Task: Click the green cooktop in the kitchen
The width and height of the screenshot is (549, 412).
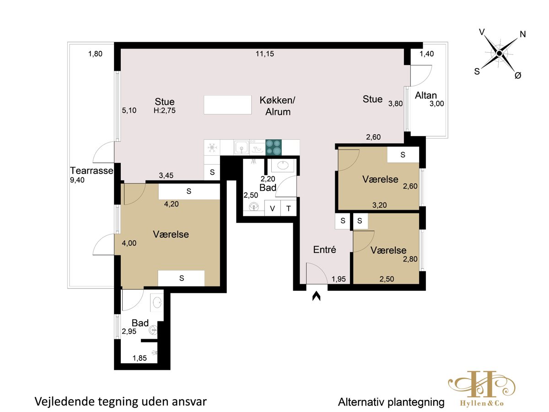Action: [x=274, y=147]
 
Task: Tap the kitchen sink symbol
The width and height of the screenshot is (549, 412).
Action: [x=242, y=147]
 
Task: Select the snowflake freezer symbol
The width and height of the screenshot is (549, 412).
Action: [x=212, y=147]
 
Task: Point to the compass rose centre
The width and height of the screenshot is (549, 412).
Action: [x=499, y=53]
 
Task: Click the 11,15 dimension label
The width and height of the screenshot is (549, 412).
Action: [x=264, y=54]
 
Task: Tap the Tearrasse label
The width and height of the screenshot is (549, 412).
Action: [x=91, y=171]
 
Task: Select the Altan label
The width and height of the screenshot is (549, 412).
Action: [x=425, y=95]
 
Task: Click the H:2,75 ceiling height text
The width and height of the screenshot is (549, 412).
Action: [x=165, y=110]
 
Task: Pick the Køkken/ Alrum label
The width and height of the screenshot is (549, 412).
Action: [x=278, y=106]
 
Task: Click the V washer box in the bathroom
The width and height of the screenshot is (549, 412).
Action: [x=272, y=208]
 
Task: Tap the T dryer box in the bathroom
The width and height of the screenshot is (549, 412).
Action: [x=289, y=208]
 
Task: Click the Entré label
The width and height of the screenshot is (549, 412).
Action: [x=324, y=249]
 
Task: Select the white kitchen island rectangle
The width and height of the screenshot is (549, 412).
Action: [x=227, y=105]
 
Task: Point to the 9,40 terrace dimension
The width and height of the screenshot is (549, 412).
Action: [x=77, y=180]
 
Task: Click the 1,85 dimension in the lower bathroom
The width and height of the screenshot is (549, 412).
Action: [x=140, y=358]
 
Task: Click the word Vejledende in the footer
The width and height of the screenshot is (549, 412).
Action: [x=65, y=402]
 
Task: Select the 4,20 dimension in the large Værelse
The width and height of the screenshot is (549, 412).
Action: [x=171, y=204]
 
